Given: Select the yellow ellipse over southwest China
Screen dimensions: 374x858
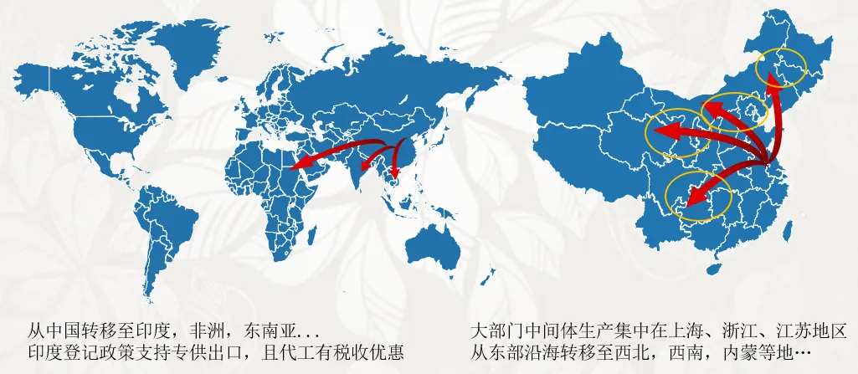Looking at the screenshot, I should click(x=697, y=194).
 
